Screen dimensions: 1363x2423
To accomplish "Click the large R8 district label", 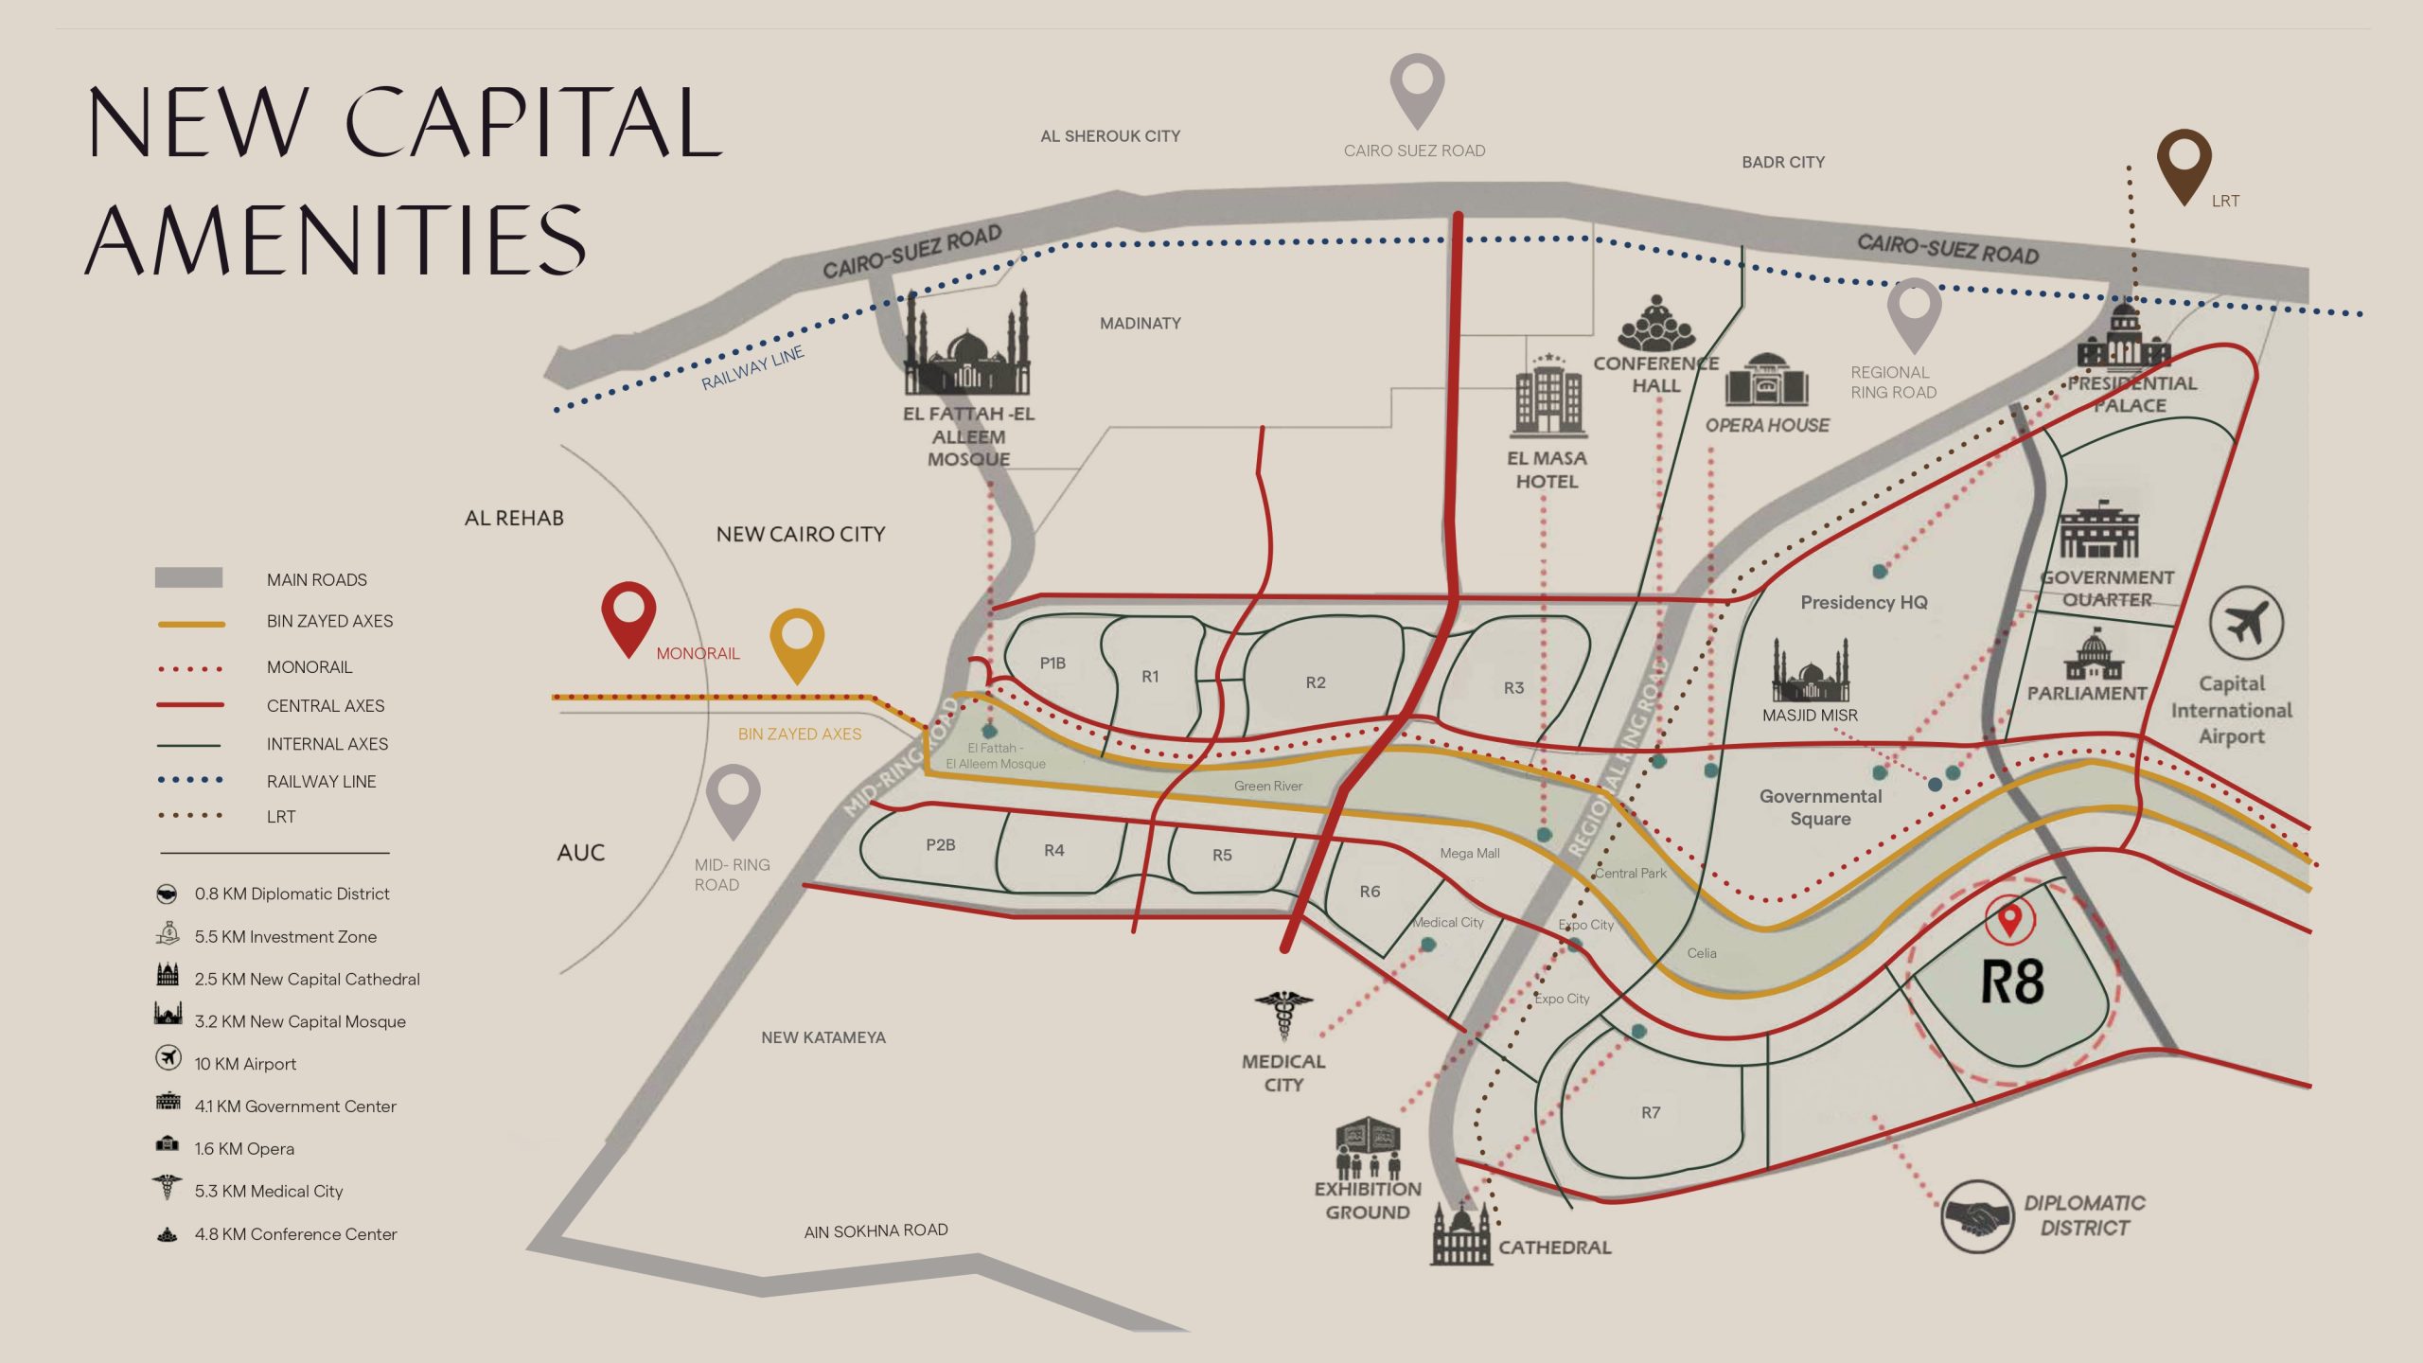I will [2012, 982].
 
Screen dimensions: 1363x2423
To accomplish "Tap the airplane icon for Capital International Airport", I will [2246, 625].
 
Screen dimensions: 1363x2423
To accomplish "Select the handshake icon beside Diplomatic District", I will [1976, 1216].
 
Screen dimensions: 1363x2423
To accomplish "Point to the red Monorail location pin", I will [628, 614].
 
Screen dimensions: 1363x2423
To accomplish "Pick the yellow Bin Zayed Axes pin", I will [797, 640].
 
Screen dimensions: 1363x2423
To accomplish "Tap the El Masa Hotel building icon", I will [1548, 398].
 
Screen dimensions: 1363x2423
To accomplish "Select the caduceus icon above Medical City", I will [1283, 1015].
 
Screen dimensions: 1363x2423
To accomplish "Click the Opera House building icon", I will [1766, 381].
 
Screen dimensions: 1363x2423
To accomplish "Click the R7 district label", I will [1651, 1112].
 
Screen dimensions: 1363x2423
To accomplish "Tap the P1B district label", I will [1052, 663].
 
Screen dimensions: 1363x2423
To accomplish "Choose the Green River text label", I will [1268, 786].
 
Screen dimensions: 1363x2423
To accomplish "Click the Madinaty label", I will [1140, 324].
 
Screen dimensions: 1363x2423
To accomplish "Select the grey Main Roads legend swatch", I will [188, 577].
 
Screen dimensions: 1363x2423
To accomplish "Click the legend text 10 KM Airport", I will [245, 1064].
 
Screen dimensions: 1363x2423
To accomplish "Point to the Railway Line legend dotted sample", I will [190, 780].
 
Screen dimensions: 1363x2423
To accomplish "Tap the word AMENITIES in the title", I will [336, 241].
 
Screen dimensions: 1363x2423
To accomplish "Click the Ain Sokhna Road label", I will [875, 1230].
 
